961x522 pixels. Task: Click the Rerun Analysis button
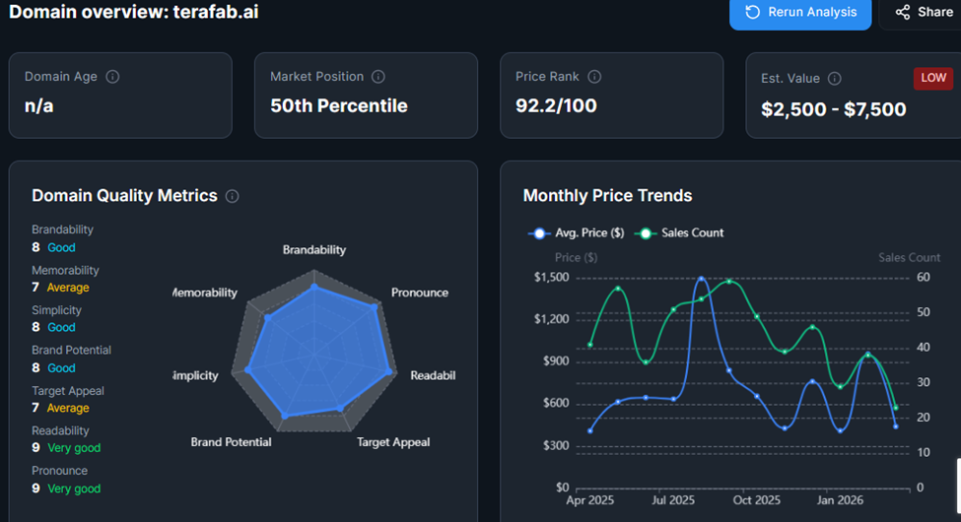799,13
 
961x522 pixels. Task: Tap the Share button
924,13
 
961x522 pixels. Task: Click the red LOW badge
932,78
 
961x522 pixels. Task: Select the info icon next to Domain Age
112,77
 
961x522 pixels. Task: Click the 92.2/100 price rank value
556,105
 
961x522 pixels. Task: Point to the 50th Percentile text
338,105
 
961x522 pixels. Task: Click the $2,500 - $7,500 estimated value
833,109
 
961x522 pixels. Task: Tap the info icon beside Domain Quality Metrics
233,196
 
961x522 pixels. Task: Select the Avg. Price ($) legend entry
577,233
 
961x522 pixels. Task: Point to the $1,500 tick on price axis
551,277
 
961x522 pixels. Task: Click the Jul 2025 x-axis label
673,500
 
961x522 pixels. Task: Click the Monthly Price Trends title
607,196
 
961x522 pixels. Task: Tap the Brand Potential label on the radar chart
231,442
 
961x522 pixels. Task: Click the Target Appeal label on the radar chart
392,442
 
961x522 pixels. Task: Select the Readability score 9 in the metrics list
36,448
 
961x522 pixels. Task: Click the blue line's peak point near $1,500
701,279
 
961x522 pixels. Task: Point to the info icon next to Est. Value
835,79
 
